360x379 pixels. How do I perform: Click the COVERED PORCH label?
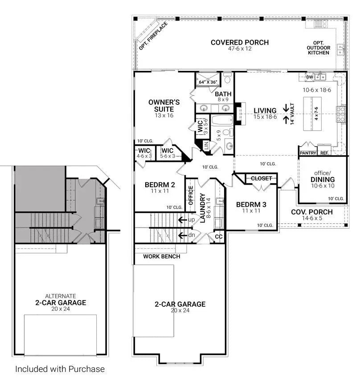(x=239, y=43)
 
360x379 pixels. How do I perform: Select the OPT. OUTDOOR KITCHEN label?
(x=318, y=48)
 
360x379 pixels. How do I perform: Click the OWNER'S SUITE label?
(x=164, y=106)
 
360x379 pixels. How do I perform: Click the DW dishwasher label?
(x=310, y=77)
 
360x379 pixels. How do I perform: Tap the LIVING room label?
(x=265, y=111)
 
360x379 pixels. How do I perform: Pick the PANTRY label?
(x=307, y=153)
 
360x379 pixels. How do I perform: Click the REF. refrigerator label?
(x=324, y=153)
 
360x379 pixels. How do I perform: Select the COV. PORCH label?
(x=311, y=212)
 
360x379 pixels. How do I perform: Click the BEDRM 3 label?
(x=251, y=205)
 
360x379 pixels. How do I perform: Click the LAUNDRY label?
(x=203, y=208)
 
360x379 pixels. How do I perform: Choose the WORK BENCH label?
(x=162, y=256)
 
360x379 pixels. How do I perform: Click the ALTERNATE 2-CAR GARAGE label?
(x=61, y=300)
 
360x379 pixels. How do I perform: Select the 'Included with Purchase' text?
(x=60, y=369)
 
